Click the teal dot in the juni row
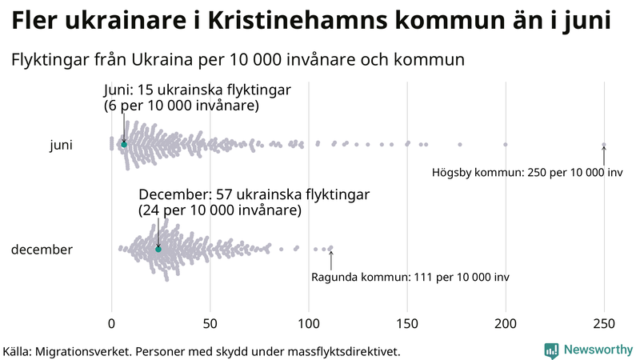click(124, 144)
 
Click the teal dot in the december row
click(158, 250)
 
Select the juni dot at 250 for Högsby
click(604, 145)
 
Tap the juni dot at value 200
click(506, 145)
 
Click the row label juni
click(61, 145)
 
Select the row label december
click(42, 250)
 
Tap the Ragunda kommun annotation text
click(410, 277)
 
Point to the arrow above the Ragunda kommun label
click(330, 259)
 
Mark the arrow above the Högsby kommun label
click(604, 154)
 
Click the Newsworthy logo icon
click(551, 350)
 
